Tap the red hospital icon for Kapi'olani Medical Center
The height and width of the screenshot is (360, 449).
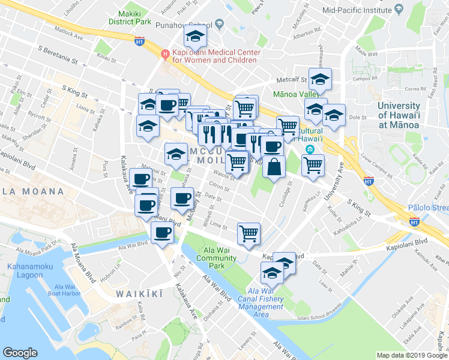(165, 53)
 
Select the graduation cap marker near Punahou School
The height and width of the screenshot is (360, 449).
(194, 38)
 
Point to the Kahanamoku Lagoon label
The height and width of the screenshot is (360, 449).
(25, 271)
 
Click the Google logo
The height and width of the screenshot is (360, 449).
(20, 353)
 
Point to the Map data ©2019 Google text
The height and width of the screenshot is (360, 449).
(411, 355)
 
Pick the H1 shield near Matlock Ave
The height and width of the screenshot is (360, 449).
(139, 41)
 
